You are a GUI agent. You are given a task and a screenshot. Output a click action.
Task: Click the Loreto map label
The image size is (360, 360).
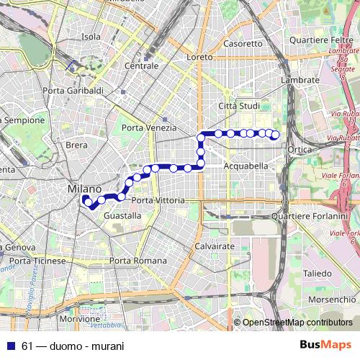pyautogui.click(x=199, y=56)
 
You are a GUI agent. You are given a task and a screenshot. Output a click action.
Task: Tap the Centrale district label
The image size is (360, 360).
pyautogui.click(x=141, y=66)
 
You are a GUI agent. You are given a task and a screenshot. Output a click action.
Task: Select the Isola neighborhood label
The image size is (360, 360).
pyautogui.click(x=91, y=37)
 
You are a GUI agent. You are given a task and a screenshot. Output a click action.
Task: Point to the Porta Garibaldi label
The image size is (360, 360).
pyautogui.click(x=73, y=91)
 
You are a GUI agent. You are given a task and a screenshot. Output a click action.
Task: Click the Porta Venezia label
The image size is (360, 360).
pyautogui.click(x=149, y=127)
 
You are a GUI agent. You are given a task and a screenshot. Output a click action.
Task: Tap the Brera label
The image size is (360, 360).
pyautogui.click(x=76, y=145)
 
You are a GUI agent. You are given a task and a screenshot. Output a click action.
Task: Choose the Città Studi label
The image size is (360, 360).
pyautogui.click(x=238, y=107)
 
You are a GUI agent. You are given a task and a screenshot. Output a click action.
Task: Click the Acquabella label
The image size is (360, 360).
pyautogui.click(x=246, y=166)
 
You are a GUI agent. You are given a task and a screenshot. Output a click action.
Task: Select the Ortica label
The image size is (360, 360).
pyautogui.click(x=298, y=149)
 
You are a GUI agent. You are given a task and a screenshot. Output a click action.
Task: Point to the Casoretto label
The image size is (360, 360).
pyautogui.click(x=243, y=43)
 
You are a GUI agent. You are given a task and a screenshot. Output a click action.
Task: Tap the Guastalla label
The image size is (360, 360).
pyautogui.click(x=122, y=215)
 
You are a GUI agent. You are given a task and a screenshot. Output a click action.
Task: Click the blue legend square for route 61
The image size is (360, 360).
pyautogui.click(x=9, y=345)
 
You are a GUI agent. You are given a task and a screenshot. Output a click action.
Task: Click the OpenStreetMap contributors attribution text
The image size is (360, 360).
pyautogui.click(x=297, y=323)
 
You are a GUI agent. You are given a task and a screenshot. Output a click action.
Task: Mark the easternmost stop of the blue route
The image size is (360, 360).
pyautogui.click(x=275, y=135)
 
